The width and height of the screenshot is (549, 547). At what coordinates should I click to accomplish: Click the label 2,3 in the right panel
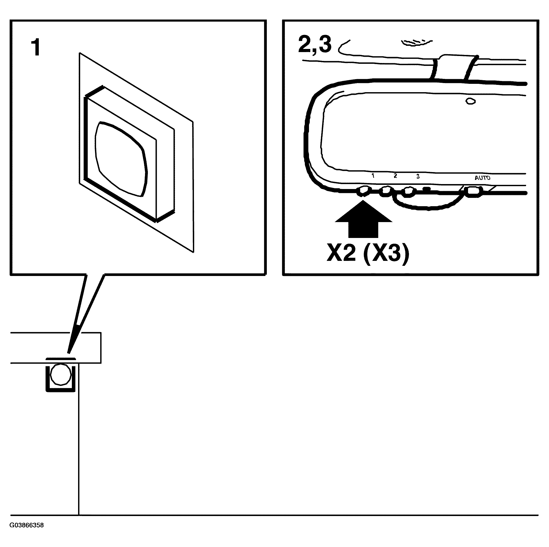(x=314, y=45)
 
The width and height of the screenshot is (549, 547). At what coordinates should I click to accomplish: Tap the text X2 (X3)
(x=368, y=253)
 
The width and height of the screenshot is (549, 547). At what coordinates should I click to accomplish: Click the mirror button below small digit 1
(x=364, y=191)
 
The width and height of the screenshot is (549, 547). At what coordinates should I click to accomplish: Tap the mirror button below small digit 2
(x=386, y=191)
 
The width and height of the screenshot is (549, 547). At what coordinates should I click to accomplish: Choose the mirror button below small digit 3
(x=408, y=191)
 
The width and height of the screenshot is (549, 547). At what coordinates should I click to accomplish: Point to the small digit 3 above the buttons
(x=418, y=177)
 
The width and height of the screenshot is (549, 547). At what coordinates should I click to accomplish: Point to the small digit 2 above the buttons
(x=395, y=176)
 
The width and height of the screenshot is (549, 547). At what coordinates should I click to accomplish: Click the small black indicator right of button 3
(x=426, y=188)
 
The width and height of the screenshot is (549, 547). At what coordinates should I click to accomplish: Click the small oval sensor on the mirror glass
(x=471, y=101)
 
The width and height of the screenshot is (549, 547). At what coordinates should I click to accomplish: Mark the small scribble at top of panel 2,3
(x=415, y=43)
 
